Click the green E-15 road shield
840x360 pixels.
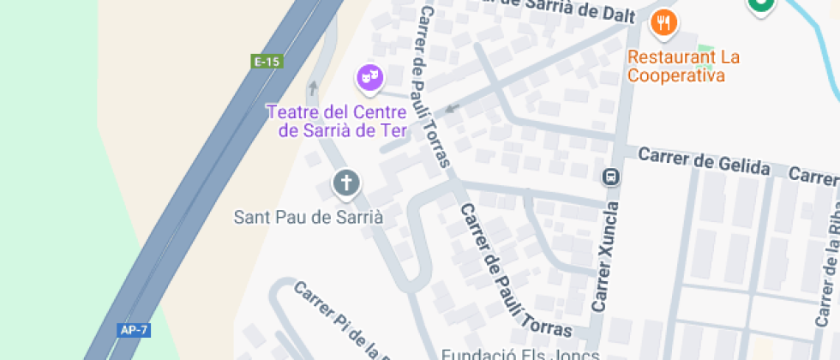pyautogui.click(x=267, y=62)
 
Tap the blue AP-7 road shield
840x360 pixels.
pyautogui.click(x=128, y=330)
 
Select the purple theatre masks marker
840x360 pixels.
pyautogui.click(x=369, y=78)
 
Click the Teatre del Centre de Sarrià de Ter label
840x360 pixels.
pyautogui.click(x=336, y=121)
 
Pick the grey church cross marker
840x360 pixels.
pyautogui.click(x=345, y=183)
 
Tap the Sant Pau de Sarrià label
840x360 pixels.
pyautogui.click(x=309, y=217)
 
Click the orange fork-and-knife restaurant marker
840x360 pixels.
pyautogui.click(x=664, y=22)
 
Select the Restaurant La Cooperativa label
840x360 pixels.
pyautogui.click(x=683, y=67)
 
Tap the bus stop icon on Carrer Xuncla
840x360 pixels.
pyautogui.click(x=611, y=177)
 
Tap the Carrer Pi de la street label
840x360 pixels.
pyautogui.click(x=338, y=320)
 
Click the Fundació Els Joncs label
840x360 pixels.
pyautogui.click(x=520, y=353)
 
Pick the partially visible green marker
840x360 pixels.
pyautogui.click(x=760, y=6)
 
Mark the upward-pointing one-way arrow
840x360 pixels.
pyautogui.click(x=314, y=87)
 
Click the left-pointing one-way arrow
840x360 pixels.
pyautogui.click(x=453, y=109)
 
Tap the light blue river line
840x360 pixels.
pyautogui.click(x=818, y=43)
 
